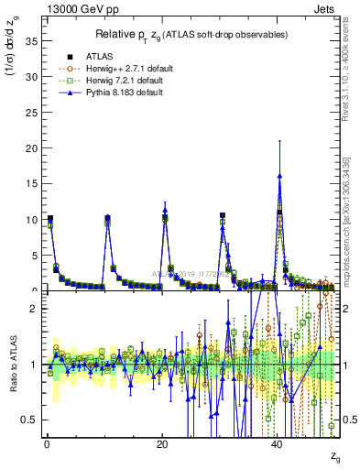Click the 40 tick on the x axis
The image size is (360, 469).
(x=278, y=443)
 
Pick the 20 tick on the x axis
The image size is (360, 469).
(x=163, y=443)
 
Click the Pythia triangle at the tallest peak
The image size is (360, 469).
(x=279, y=175)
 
